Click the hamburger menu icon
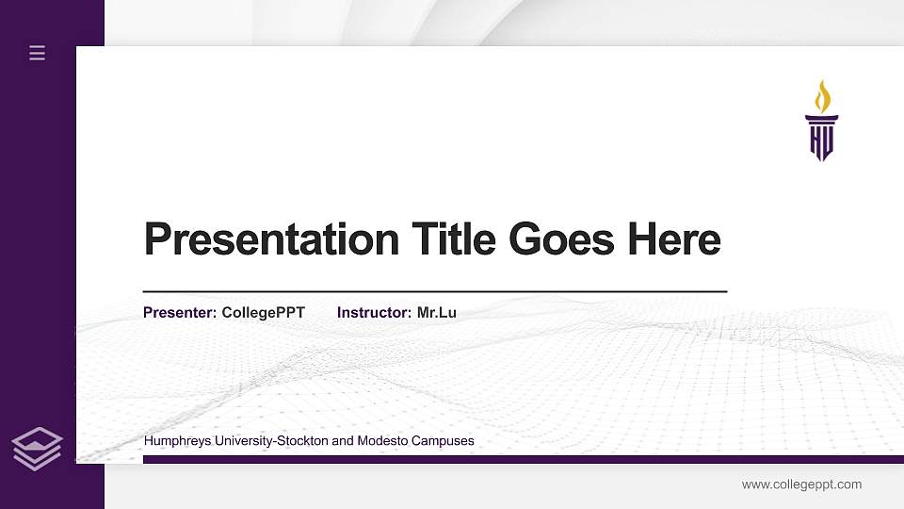coord(38,54)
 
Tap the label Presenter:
coord(180,312)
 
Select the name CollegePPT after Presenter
coord(264,312)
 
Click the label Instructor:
coord(374,312)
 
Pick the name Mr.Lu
coord(437,312)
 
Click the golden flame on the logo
coord(822,96)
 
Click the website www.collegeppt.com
coord(801,484)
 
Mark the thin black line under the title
coord(434,292)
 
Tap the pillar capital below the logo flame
coord(821,118)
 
